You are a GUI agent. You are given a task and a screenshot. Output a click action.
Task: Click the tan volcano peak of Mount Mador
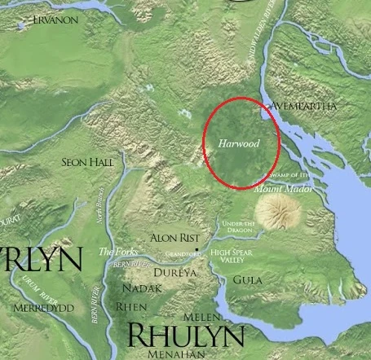point(276,213)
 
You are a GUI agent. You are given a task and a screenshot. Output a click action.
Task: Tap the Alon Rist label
point(174,238)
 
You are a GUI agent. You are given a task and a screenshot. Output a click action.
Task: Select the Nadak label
point(136,288)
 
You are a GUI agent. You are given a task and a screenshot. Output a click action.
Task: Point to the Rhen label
point(130,307)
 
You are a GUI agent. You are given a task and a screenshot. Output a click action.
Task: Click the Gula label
point(247,279)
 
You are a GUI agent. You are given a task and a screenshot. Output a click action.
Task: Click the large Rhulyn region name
point(186,336)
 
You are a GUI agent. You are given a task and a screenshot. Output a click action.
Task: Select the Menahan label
point(175,354)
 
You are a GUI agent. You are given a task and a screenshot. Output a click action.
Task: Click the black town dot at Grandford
point(197,244)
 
